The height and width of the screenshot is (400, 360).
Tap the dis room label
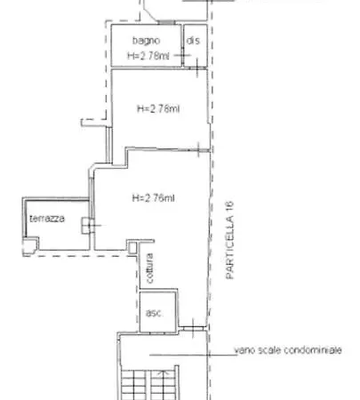point(192,42)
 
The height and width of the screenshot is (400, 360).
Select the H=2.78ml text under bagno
point(148,55)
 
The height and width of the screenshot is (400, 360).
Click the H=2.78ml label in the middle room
point(159,109)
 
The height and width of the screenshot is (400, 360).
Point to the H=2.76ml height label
point(152,197)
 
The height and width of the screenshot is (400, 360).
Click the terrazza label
point(47,219)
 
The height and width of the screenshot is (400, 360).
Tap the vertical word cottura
point(151,269)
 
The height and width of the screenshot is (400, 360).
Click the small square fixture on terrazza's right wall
point(85,225)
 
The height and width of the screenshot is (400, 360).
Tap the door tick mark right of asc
point(188,326)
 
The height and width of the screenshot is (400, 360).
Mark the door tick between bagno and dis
point(182,56)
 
